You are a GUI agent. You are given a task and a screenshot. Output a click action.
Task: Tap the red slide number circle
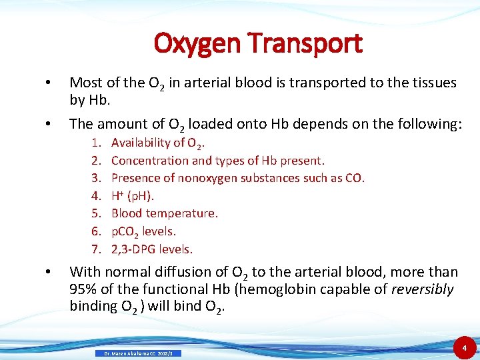(464, 347)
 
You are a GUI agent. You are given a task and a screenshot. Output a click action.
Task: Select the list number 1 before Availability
(96, 142)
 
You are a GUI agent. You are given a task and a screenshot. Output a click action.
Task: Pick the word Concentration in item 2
(150, 160)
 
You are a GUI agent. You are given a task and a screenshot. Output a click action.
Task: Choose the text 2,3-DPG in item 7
(133, 249)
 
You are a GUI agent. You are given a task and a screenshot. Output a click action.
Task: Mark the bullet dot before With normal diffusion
(47, 272)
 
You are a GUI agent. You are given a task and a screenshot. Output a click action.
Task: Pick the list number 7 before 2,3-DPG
(96, 249)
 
